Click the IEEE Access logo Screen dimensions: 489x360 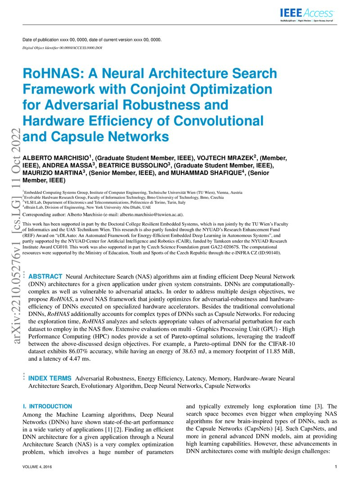tap(307, 14)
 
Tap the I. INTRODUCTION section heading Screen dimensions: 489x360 tap(47, 406)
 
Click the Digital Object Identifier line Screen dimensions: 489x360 tap(62, 47)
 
